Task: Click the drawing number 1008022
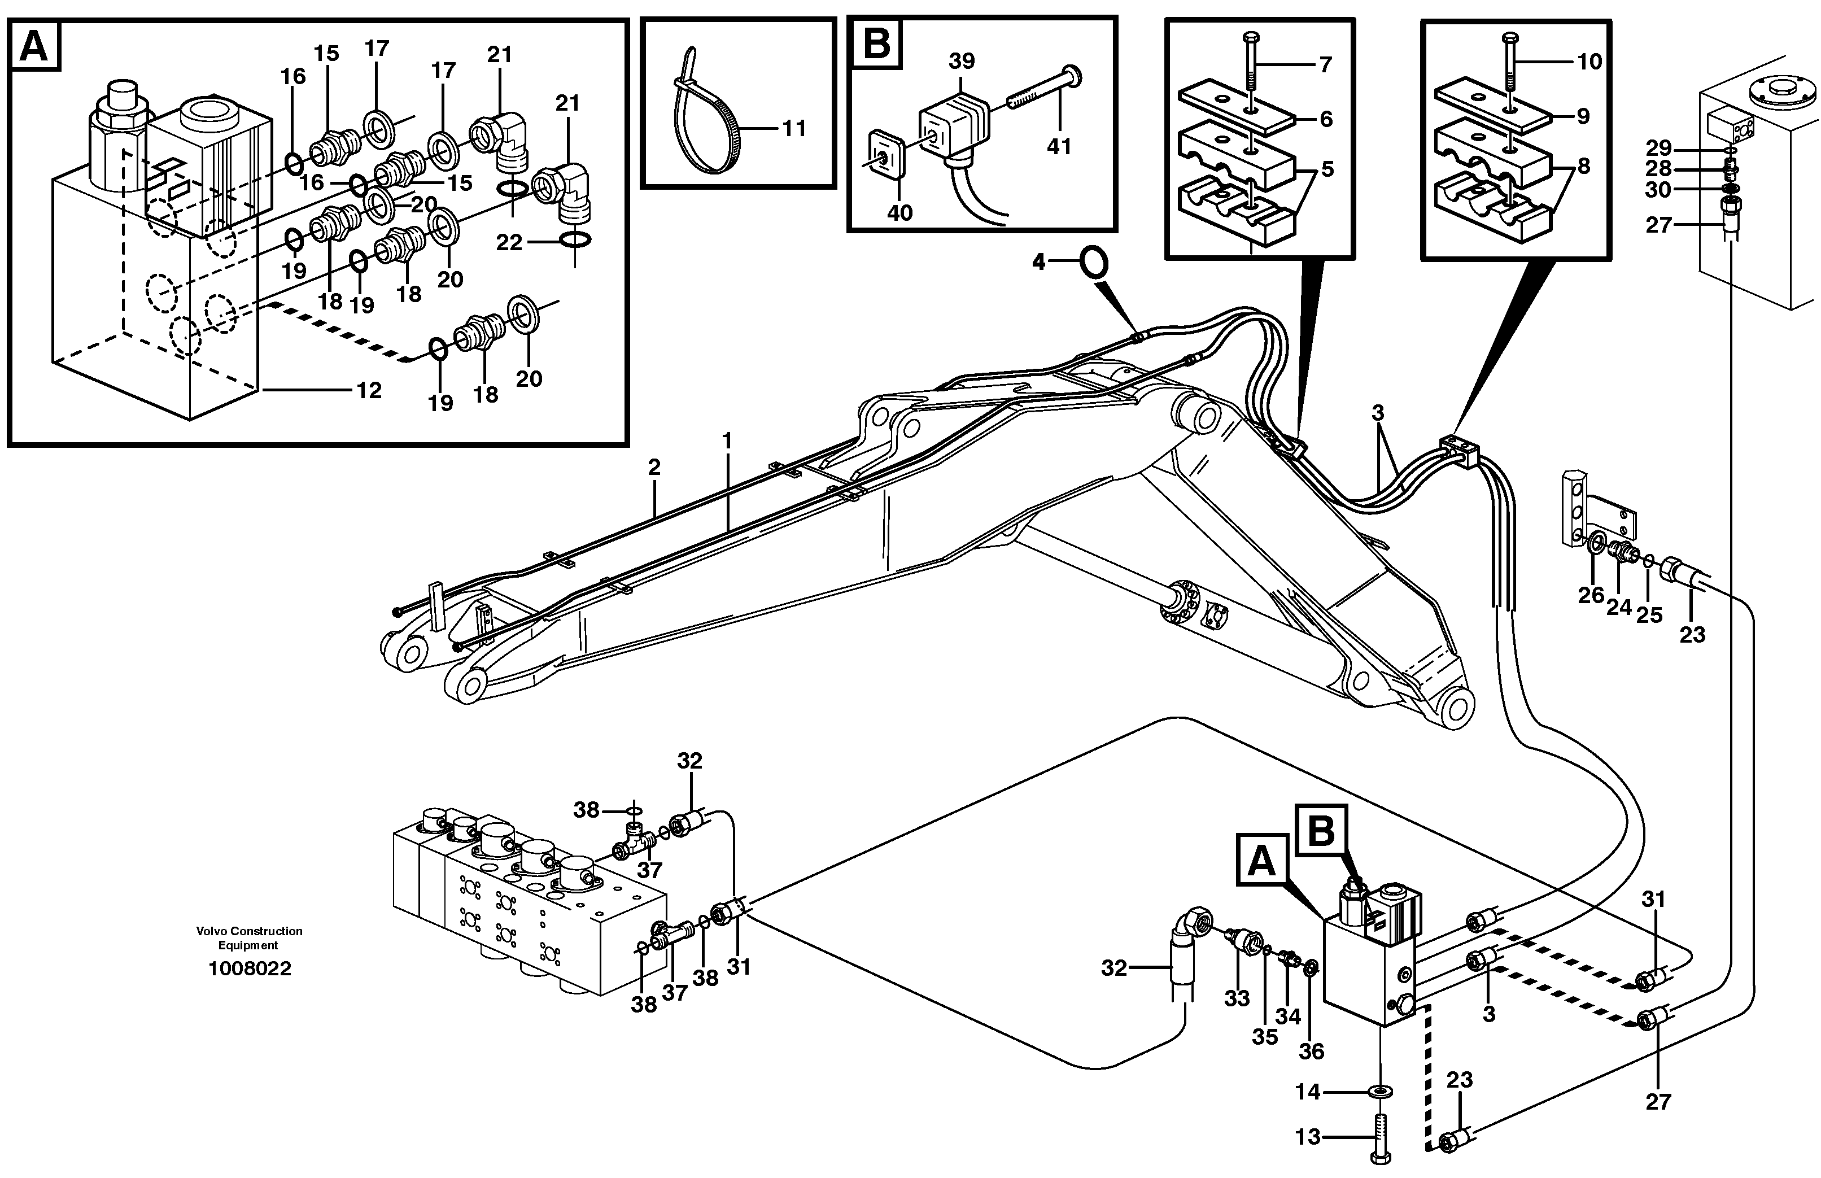250,968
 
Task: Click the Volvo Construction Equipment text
250,938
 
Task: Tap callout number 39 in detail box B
962,61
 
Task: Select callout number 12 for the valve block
369,390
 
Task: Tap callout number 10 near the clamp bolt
1590,61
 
